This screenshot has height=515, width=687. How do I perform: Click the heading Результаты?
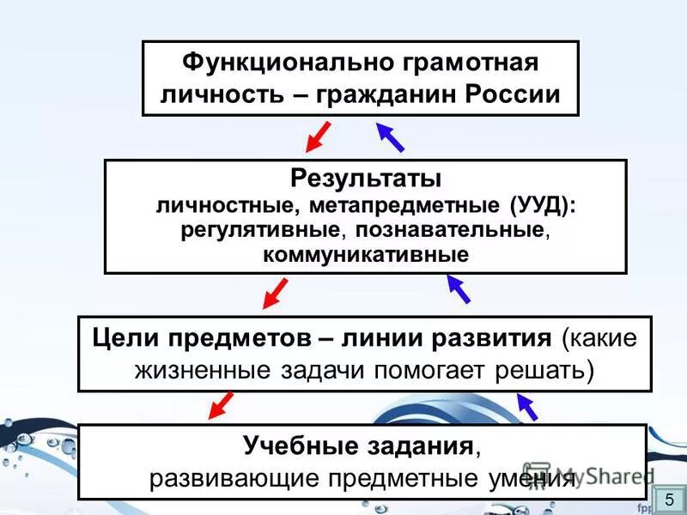click(x=366, y=179)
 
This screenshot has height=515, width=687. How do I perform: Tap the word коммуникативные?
click(x=366, y=255)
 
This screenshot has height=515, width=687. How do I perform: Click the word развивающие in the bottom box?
click(x=223, y=478)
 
